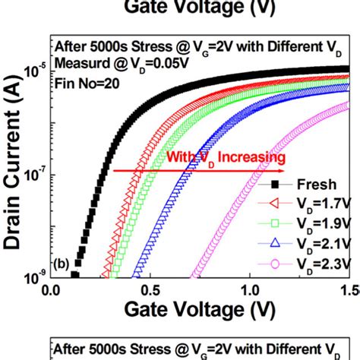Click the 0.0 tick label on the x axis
coord(51,289)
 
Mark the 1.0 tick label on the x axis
coord(250,289)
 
